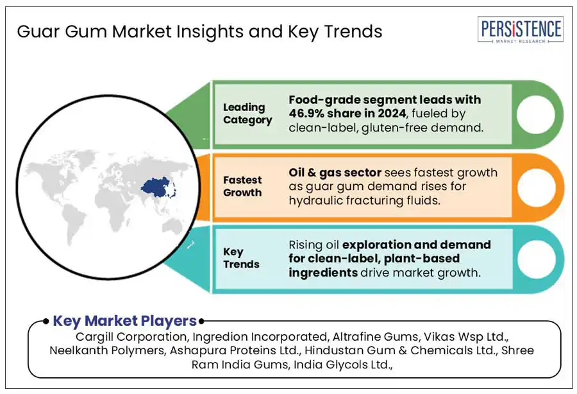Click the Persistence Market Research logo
tap(521, 30)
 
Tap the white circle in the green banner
tap(536, 114)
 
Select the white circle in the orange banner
tap(537, 187)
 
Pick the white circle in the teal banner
tap(537, 259)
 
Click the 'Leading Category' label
tap(247, 114)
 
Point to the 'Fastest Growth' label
tap(242, 186)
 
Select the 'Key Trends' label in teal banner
tap(241, 258)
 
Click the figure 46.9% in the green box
tap(306, 114)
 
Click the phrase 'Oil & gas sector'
tap(335, 173)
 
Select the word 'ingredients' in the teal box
tap(323, 273)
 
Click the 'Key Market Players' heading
tap(125, 321)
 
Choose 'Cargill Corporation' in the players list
tap(131, 337)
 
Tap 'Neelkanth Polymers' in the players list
tap(107, 350)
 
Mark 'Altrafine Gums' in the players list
tap(375, 337)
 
